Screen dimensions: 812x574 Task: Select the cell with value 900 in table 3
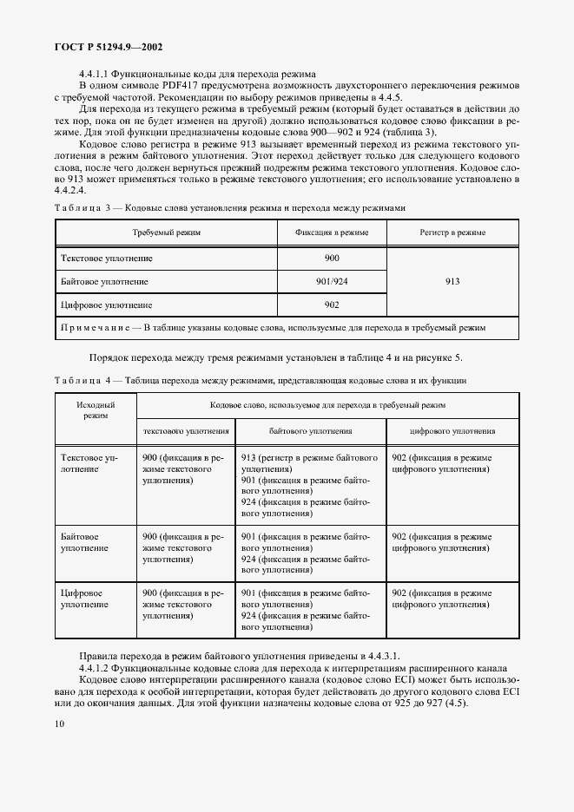point(332,259)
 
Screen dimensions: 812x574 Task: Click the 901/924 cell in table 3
point(332,282)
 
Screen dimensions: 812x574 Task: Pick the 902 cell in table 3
point(332,304)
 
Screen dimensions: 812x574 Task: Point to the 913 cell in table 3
point(452,282)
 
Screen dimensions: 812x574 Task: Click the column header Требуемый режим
point(166,233)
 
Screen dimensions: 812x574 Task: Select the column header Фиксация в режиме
point(332,233)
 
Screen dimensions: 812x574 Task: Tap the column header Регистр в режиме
point(452,233)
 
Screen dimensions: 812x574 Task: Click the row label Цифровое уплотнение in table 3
point(106,305)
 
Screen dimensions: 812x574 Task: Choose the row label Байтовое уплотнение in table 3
point(104,282)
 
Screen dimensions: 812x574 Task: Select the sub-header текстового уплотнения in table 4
point(187,430)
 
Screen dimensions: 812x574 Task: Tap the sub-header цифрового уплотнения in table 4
point(452,430)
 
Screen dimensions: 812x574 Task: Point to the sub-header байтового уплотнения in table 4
point(310,430)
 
